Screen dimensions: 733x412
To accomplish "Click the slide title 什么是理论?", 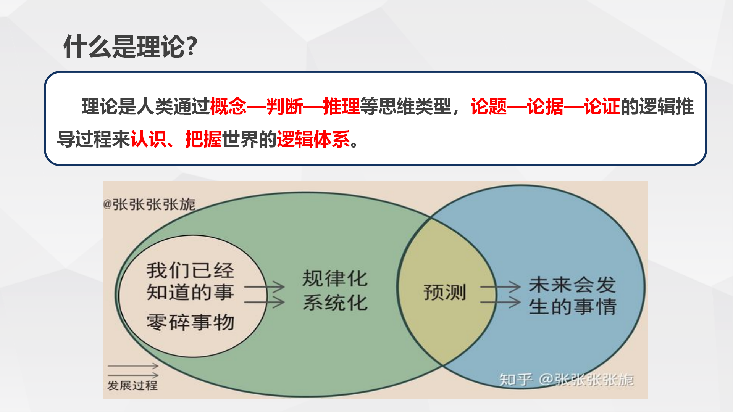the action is coord(130,47).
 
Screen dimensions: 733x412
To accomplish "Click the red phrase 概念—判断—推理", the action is coord(285,106).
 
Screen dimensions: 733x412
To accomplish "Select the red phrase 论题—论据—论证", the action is coord(545,106).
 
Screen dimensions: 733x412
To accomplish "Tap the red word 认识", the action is coord(149,139).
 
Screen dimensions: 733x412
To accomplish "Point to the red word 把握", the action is coord(203,139).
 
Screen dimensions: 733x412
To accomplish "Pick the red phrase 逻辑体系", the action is coord(313,139).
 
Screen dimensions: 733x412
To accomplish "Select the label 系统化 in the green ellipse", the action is coord(335,303).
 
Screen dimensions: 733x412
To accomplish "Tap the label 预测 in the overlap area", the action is coord(445,293).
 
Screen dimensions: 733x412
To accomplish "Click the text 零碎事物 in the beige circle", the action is coord(190,322).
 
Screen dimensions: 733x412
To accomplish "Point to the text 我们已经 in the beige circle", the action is coord(190,270).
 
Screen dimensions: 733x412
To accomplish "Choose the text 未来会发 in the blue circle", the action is coord(572,285).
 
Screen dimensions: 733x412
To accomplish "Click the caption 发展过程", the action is coord(132,385).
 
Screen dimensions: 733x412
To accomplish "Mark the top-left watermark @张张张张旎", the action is coord(149,204).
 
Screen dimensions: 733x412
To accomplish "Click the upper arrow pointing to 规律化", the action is coord(264,287).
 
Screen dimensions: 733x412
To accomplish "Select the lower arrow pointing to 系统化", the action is coord(264,302).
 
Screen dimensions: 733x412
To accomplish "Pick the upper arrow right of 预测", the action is coord(501,287).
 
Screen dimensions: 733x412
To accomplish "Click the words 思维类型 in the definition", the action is coord(415,106).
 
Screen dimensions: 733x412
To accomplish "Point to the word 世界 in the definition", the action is coord(240,139).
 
